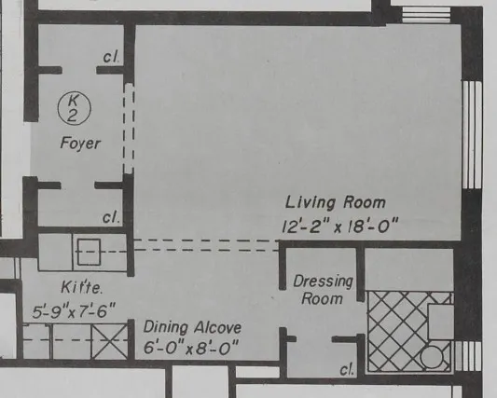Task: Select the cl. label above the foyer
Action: point(111,59)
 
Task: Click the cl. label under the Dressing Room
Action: point(347,370)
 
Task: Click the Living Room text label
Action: point(335,202)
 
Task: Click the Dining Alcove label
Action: point(191,327)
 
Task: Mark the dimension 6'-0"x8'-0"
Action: point(191,349)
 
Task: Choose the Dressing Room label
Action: point(323,289)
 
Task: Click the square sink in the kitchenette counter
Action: point(90,252)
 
